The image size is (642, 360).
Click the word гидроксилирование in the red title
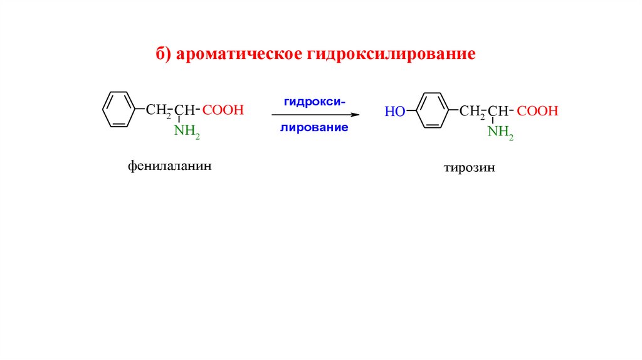(x=391, y=55)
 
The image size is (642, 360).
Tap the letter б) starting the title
(x=164, y=55)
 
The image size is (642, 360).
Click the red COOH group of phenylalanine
(x=223, y=110)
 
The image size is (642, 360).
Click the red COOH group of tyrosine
(x=537, y=111)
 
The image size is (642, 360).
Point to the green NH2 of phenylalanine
(x=186, y=131)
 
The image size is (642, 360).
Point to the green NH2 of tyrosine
(x=501, y=132)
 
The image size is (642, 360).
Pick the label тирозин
(x=470, y=168)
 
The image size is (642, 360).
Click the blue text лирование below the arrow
(x=314, y=127)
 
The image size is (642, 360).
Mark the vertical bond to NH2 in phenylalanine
(x=179, y=120)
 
